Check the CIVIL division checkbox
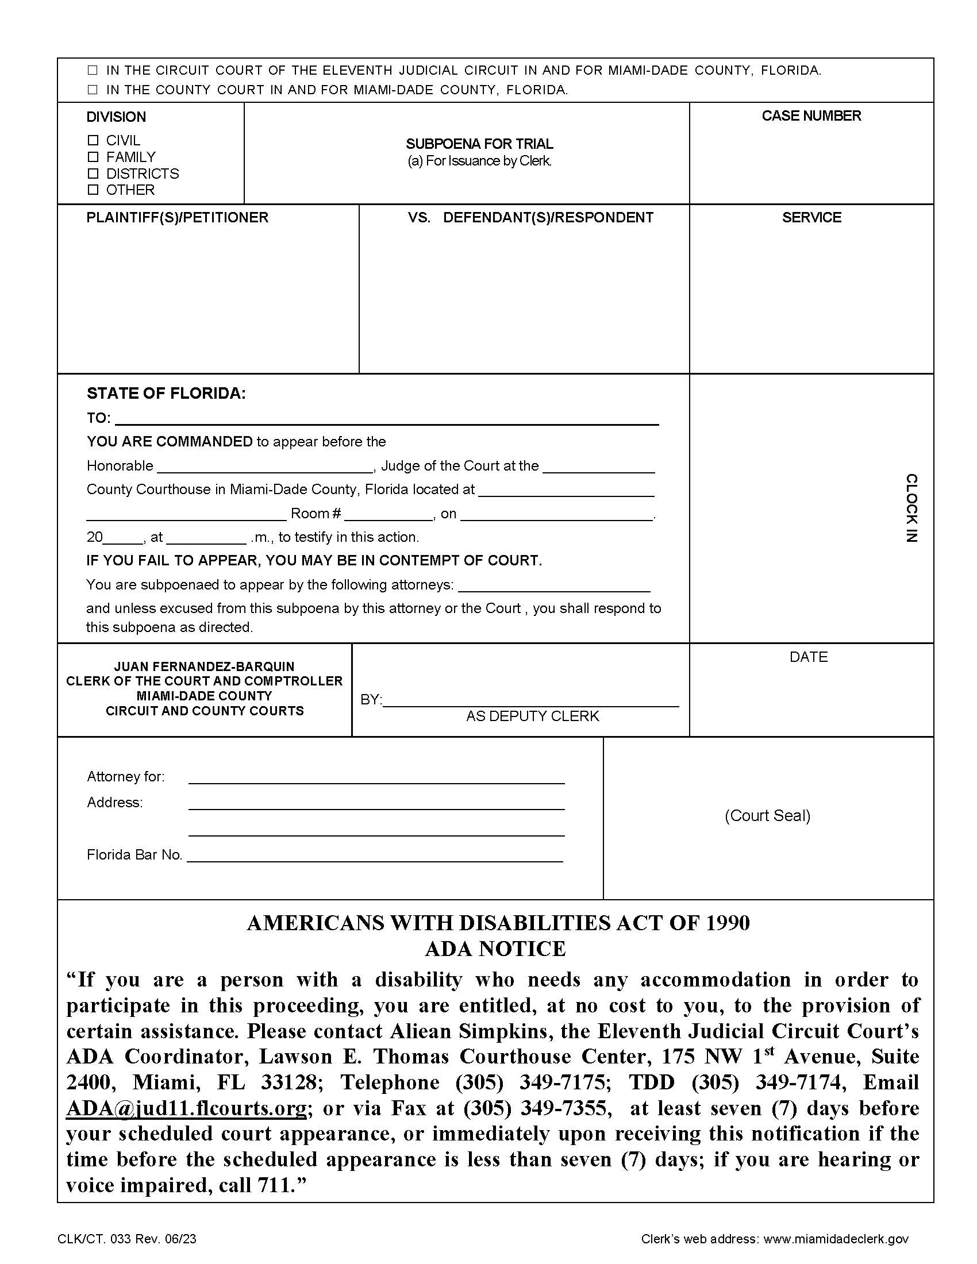click(x=93, y=140)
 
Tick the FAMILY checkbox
click(x=93, y=157)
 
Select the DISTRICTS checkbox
click(x=93, y=174)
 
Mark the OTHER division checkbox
click(x=93, y=190)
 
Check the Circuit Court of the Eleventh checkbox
click(x=93, y=71)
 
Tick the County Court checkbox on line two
click(x=93, y=90)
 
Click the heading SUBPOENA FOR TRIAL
click(x=479, y=144)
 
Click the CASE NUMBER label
click(x=811, y=115)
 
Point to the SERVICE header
click(x=811, y=218)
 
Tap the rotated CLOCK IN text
click(x=910, y=507)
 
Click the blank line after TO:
click(x=387, y=419)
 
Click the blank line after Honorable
click(x=265, y=467)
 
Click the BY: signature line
click(x=530, y=700)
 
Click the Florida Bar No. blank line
click(x=375, y=856)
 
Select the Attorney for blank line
click(x=376, y=777)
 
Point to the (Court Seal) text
click(x=767, y=815)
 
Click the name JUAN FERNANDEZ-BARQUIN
click(x=205, y=666)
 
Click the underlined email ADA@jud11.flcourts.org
click(x=186, y=1108)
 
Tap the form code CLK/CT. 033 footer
click(x=127, y=1239)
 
